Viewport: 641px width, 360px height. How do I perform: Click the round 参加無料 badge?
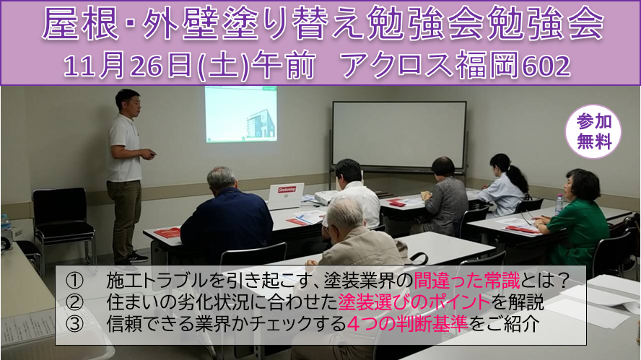tap(593, 131)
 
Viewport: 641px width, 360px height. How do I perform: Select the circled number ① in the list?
tap(75, 281)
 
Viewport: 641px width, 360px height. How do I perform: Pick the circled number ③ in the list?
tap(75, 324)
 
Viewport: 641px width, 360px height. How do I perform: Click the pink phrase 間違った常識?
tap(467, 281)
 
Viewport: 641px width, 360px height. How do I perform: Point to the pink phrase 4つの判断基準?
tap(408, 324)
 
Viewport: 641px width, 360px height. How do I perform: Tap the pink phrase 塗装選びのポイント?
tap(414, 302)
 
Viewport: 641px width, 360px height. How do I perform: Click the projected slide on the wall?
tap(241, 114)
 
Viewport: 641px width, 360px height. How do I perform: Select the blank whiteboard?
tap(399, 135)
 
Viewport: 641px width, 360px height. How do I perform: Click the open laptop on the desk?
tap(286, 196)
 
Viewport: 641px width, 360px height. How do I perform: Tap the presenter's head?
tap(128, 103)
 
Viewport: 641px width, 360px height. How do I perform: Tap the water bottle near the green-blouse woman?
tap(559, 204)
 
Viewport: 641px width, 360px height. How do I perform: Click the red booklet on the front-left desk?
tap(167, 233)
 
